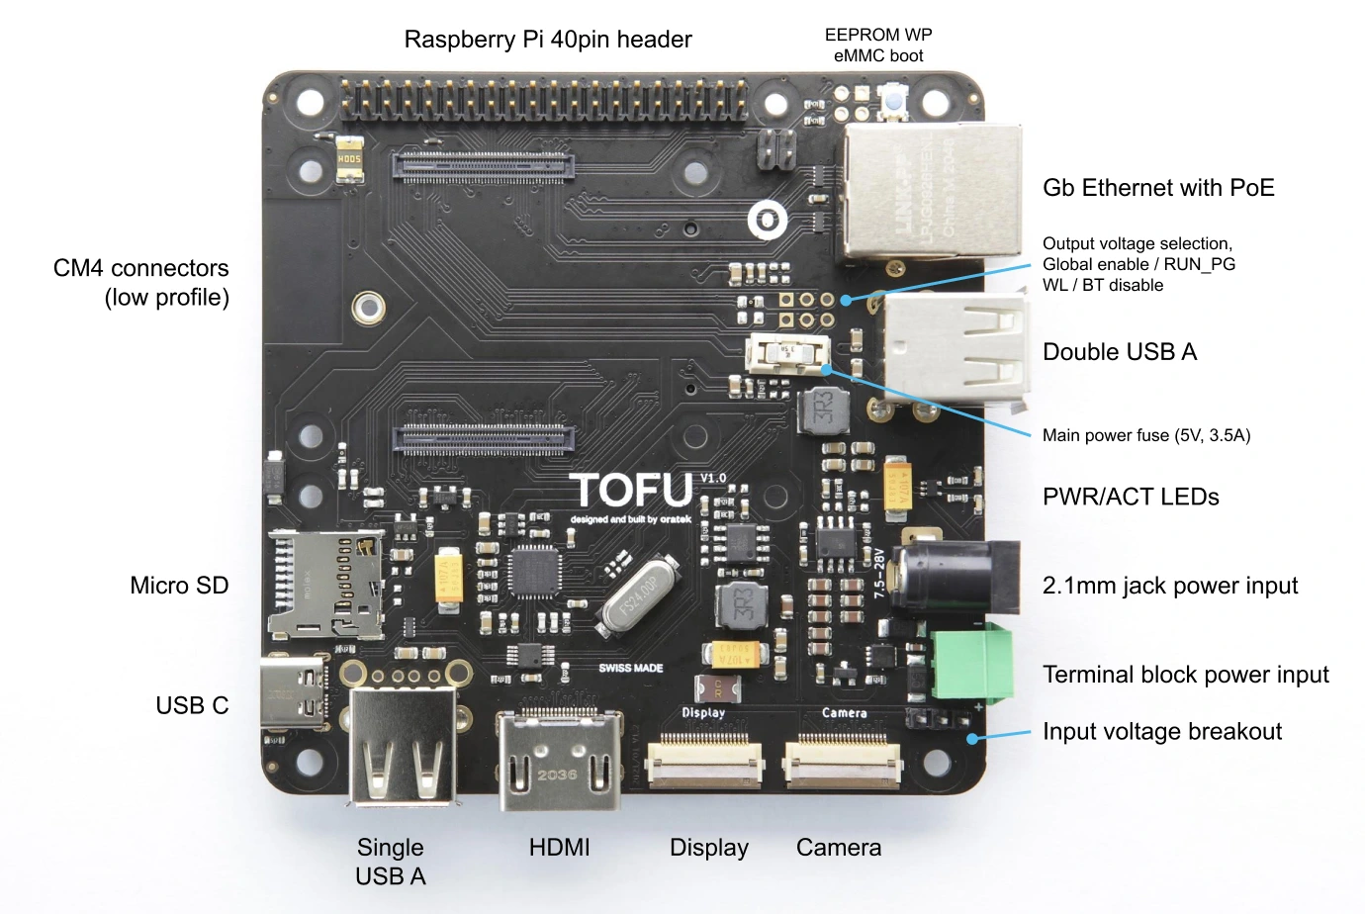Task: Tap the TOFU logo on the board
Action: coord(632,490)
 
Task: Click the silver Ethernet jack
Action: coord(930,192)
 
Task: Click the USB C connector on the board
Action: coord(294,692)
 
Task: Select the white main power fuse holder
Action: coord(788,353)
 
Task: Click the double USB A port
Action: coord(955,352)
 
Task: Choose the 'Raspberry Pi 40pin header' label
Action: coord(548,40)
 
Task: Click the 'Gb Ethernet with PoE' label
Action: coord(1158,188)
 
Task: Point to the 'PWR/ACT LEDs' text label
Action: coord(1131,497)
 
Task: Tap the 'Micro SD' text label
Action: coord(179,586)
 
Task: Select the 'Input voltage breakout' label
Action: coord(1161,732)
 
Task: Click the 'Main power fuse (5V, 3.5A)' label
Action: coord(1145,435)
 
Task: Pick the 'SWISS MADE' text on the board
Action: coord(630,668)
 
